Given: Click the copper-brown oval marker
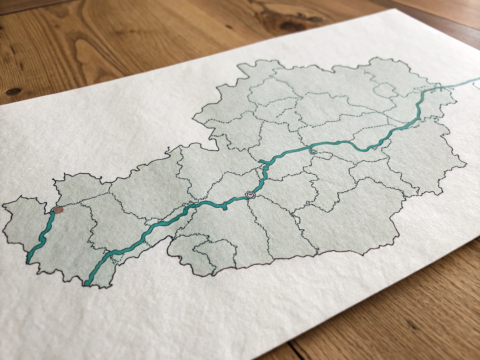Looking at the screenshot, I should click(x=58, y=210).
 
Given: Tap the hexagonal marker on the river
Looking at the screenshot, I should click(x=250, y=194).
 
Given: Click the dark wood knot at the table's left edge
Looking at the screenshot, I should click(x=13, y=92).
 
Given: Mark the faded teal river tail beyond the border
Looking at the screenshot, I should click(x=468, y=83).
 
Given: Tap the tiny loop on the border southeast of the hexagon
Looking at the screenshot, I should click(x=308, y=203).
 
